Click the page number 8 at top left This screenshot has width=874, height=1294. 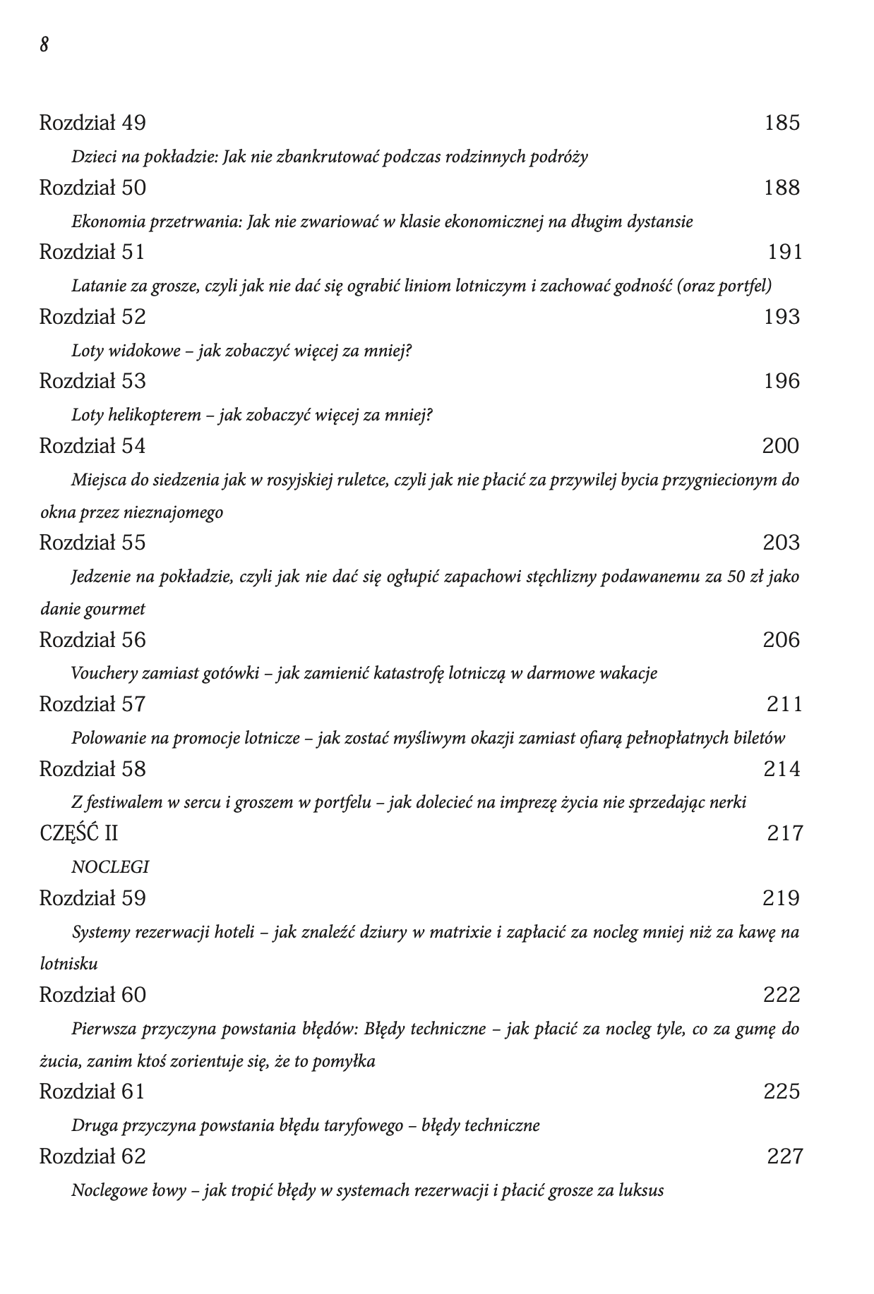point(44,45)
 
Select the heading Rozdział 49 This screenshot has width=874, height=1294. point(92,123)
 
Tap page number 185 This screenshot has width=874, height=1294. point(782,123)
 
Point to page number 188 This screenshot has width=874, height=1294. point(782,188)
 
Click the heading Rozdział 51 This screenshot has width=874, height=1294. point(92,252)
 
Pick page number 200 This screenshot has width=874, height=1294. point(781,446)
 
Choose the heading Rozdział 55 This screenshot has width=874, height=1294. point(92,543)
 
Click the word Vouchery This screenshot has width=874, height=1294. point(104,673)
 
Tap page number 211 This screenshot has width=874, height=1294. point(785,704)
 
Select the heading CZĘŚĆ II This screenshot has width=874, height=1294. point(79,833)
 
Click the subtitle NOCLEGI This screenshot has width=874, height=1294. point(110,867)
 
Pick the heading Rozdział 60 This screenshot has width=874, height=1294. point(92,995)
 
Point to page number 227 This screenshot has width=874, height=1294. point(785,1156)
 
